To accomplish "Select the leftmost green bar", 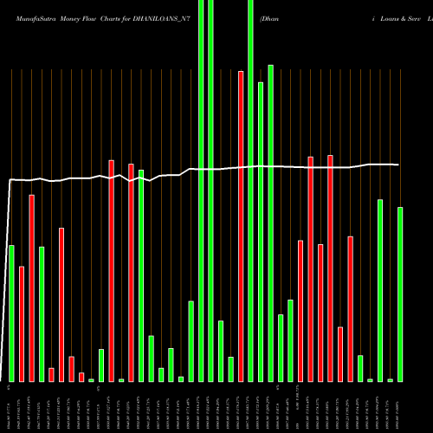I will point(11,313).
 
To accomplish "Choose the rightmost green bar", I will point(400,294).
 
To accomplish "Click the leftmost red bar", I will point(22,324).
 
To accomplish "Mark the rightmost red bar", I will point(350,308).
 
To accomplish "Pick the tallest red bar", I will point(241,226).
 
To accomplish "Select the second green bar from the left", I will point(42,314).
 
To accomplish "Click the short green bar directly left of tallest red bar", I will point(231,369).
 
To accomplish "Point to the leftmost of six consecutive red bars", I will point(301,311).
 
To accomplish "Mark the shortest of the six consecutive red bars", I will point(340,354).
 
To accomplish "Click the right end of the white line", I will point(398,165).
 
